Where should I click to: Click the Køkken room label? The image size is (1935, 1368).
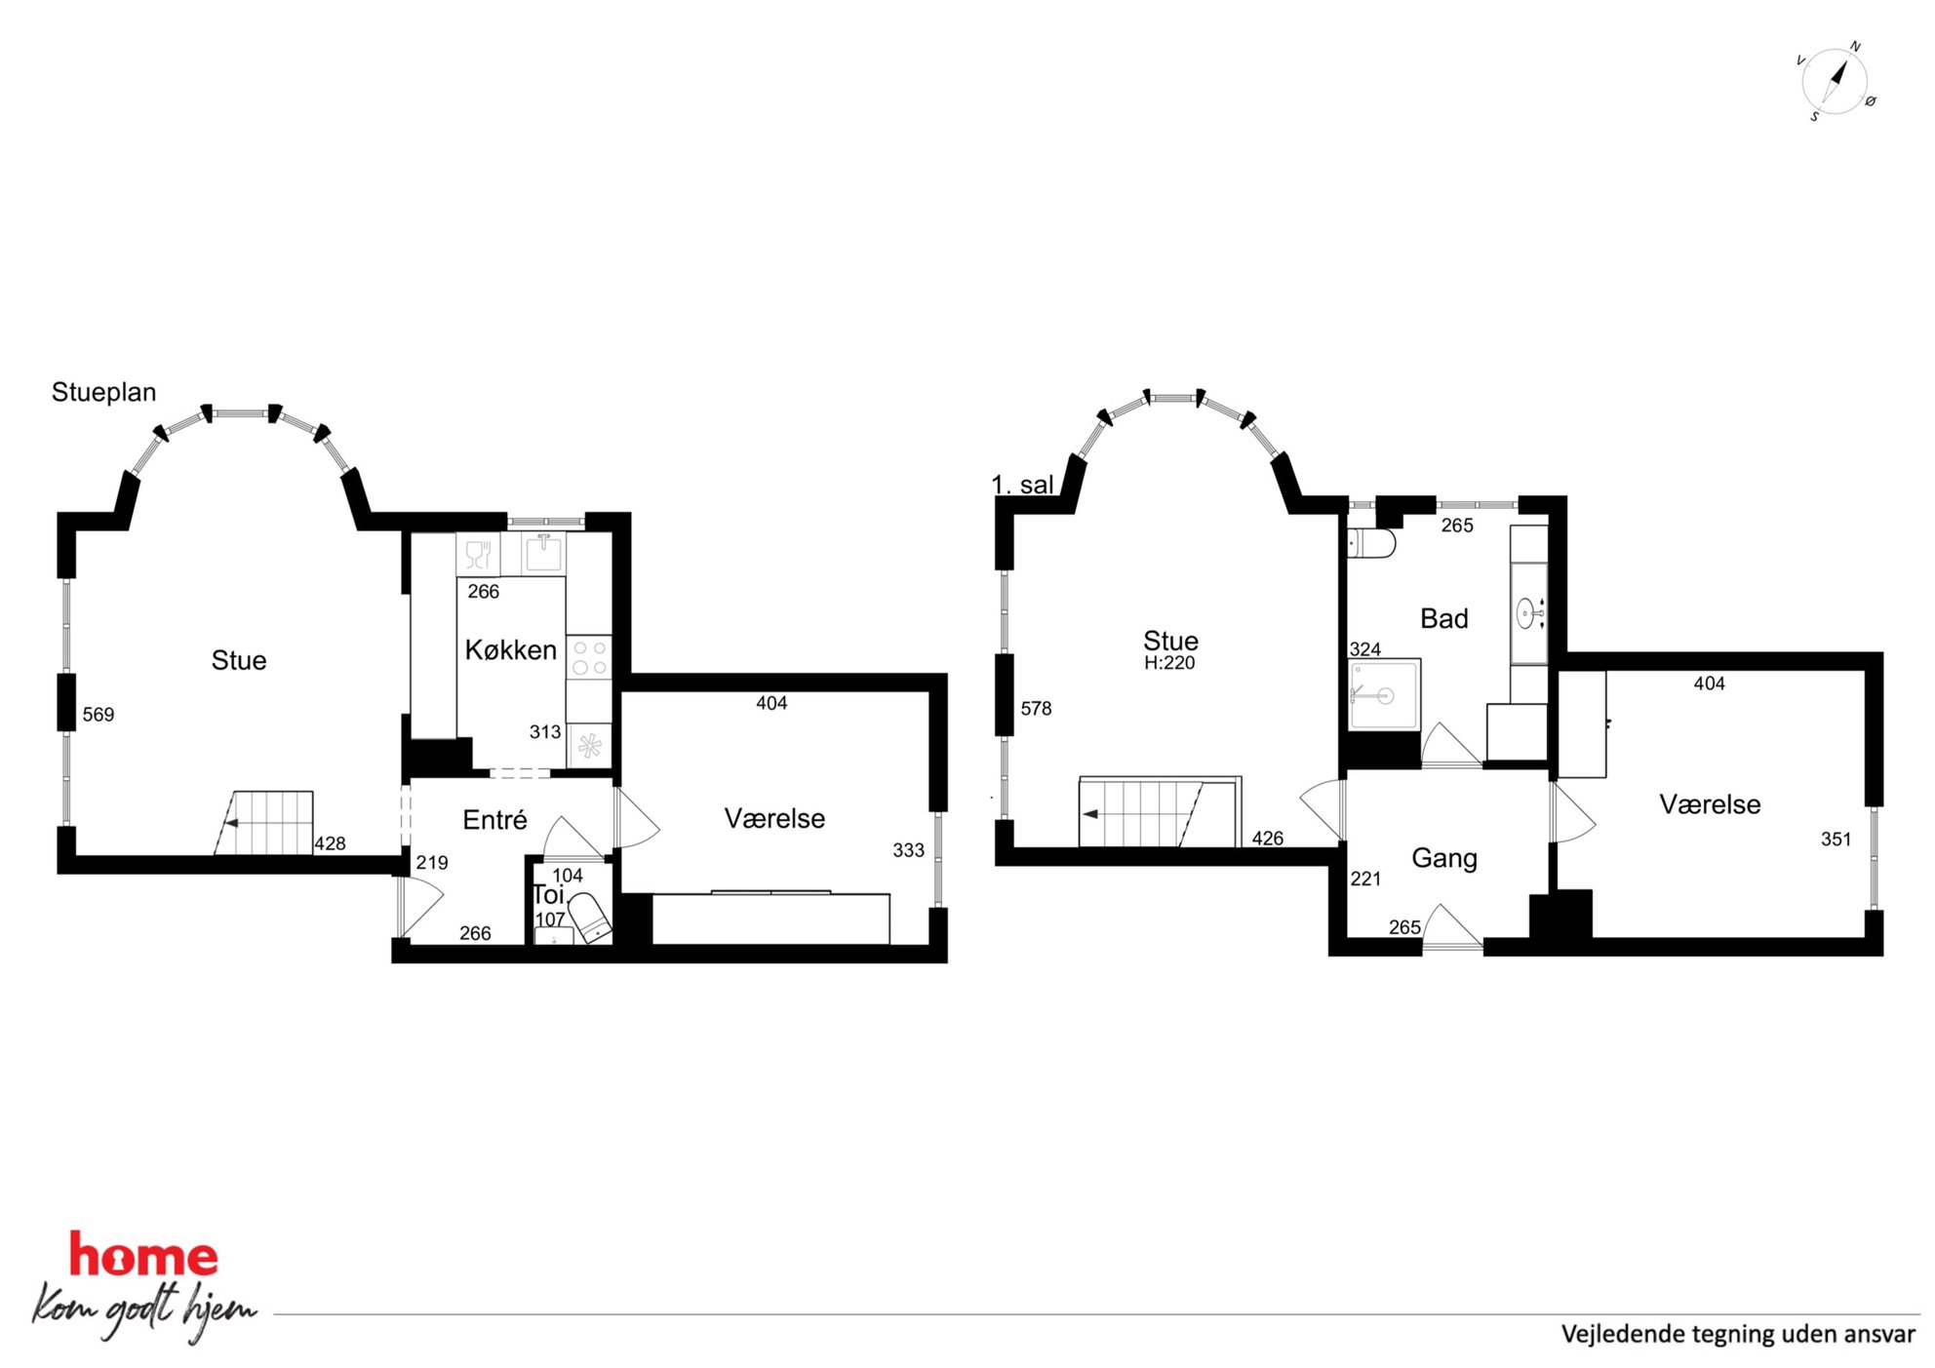point(510,650)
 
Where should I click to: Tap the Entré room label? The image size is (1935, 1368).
point(494,820)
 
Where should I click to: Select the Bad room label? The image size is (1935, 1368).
point(1443,619)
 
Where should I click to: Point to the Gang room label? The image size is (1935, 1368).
point(1443,859)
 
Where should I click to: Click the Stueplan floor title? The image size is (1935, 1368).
point(103,393)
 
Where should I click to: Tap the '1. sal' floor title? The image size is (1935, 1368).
point(1022,485)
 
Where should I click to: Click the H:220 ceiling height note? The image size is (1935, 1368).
point(1169,663)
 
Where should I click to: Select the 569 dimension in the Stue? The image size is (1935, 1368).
point(99,715)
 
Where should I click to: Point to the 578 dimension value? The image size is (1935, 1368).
point(1036,709)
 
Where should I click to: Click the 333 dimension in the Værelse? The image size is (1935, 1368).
point(908,850)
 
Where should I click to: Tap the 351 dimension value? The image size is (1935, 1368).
point(1836,840)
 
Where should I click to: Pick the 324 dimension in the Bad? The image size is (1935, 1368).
point(1364,649)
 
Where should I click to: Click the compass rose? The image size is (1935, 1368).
point(1835,82)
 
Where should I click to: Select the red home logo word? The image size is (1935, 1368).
point(143,1255)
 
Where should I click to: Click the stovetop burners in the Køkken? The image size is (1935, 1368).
point(589,657)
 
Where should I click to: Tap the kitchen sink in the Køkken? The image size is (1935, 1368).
point(543,554)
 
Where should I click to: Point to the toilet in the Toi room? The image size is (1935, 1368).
point(590,918)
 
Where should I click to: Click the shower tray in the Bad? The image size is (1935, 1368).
point(1384,694)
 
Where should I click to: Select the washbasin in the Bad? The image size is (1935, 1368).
point(1527,613)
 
